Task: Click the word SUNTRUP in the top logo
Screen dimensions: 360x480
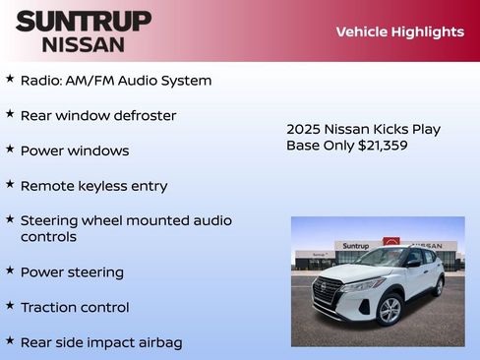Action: [x=84, y=21]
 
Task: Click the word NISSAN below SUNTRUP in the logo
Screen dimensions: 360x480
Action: [x=84, y=43]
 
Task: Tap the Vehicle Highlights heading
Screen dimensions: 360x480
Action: [x=399, y=31]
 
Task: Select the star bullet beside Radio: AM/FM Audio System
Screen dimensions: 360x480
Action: [x=10, y=79]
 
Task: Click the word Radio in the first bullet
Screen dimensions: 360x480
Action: [x=40, y=81]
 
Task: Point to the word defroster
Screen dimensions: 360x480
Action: [x=143, y=116]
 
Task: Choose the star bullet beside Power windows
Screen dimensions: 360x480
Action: [x=10, y=150]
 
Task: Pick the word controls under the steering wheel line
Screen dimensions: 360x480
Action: [x=48, y=237]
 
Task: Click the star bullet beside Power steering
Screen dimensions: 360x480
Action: [x=10, y=270]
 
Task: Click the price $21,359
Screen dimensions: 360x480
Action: [x=379, y=146]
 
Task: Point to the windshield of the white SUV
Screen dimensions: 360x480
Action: [x=383, y=259]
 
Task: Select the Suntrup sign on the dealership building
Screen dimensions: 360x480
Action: [x=356, y=246]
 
